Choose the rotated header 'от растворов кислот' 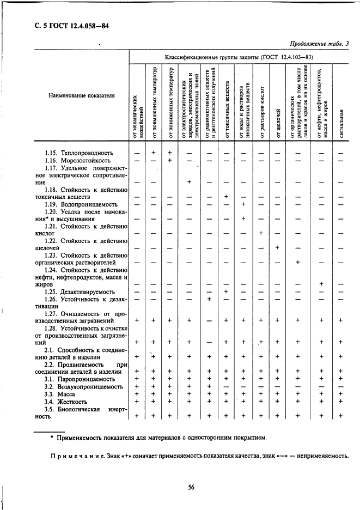261,110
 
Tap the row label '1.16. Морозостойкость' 77,161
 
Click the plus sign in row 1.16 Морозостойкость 170,161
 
